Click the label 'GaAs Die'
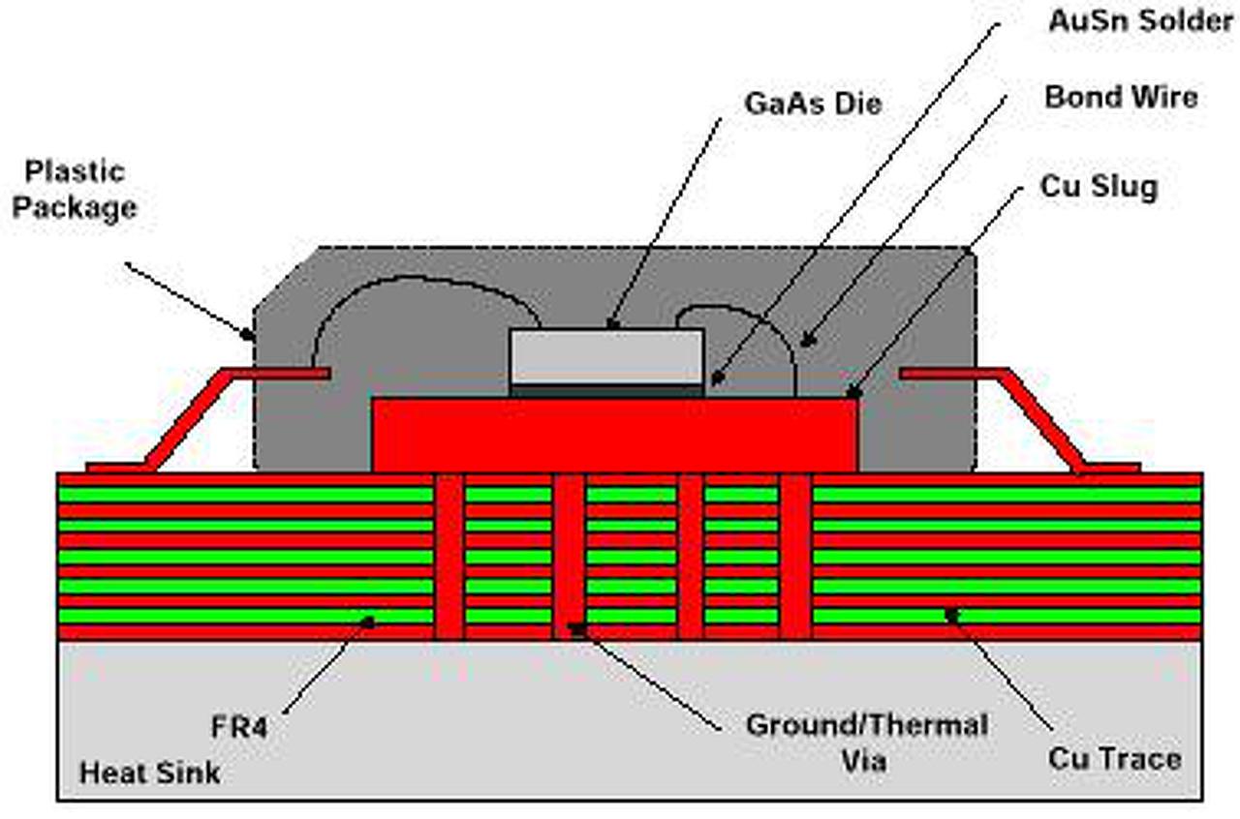pos(813,104)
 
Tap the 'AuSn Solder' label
pos(1140,21)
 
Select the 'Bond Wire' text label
pos(1121,97)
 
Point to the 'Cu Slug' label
pos(1099,186)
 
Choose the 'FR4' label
pos(237,726)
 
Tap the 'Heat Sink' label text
pos(149,773)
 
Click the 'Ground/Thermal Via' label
pos(866,742)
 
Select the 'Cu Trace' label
pos(1114,758)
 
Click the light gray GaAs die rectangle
pos(606,356)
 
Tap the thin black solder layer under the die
pos(606,390)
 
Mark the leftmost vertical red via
pos(449,557)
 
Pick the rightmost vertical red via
pos(795,557)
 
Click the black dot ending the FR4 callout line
pos(368,621)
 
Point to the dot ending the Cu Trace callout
pos(952,614)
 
